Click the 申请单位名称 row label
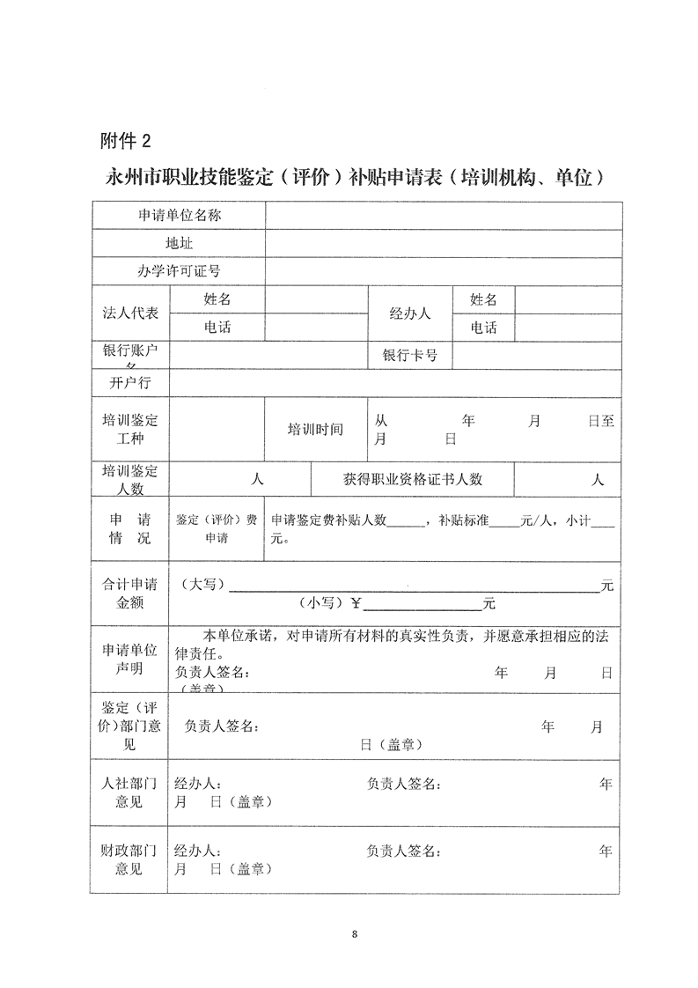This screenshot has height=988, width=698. coord(179,215)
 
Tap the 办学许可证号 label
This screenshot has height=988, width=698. coord(179,271)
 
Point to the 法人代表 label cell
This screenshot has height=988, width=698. coord(130,313)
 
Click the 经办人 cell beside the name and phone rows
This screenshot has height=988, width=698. coord(409,313)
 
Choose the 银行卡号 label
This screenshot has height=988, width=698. coord(409,356)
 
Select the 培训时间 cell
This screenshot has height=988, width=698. coord(315,430)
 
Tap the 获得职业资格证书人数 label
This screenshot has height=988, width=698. coord(413,479)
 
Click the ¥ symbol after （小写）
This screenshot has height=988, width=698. coord(356,603)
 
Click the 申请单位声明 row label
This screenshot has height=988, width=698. coord(130,660)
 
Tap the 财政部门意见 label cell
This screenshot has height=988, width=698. coord(130,860)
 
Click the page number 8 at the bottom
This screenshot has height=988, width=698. coord(354,933)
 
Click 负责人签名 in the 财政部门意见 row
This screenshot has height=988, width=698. coord(403,852)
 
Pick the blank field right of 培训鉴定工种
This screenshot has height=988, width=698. coord(217,430)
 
